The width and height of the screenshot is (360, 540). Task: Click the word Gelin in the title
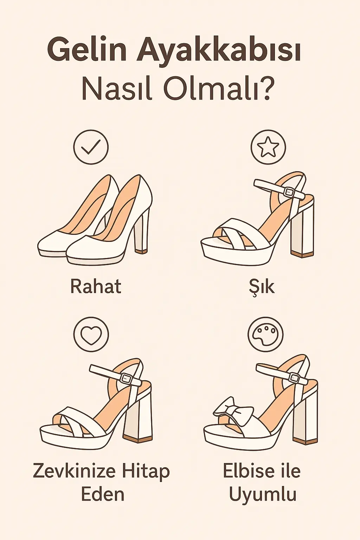tap(87, 51)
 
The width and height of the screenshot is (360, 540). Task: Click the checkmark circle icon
tap(91, 147)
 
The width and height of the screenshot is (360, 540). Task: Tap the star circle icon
tap(268, 147)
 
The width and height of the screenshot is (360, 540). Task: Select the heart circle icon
tap(91, 334)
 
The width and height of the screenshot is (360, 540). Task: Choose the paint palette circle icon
tap(265, 334)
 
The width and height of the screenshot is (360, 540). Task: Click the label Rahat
tap(96, 286)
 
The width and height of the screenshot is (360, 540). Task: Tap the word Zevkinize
tap(74, 471)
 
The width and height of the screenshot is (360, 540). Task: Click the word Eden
tap(103, 494)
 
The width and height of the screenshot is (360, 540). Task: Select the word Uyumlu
tap(263, 494)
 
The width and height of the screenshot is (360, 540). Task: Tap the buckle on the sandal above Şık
tap(289, 192)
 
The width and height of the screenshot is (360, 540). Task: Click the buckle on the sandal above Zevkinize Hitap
tap(126, 378)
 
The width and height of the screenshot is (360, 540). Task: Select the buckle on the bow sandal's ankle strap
tap(294, 378)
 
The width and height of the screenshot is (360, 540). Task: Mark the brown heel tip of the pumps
tap(141, 251)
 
